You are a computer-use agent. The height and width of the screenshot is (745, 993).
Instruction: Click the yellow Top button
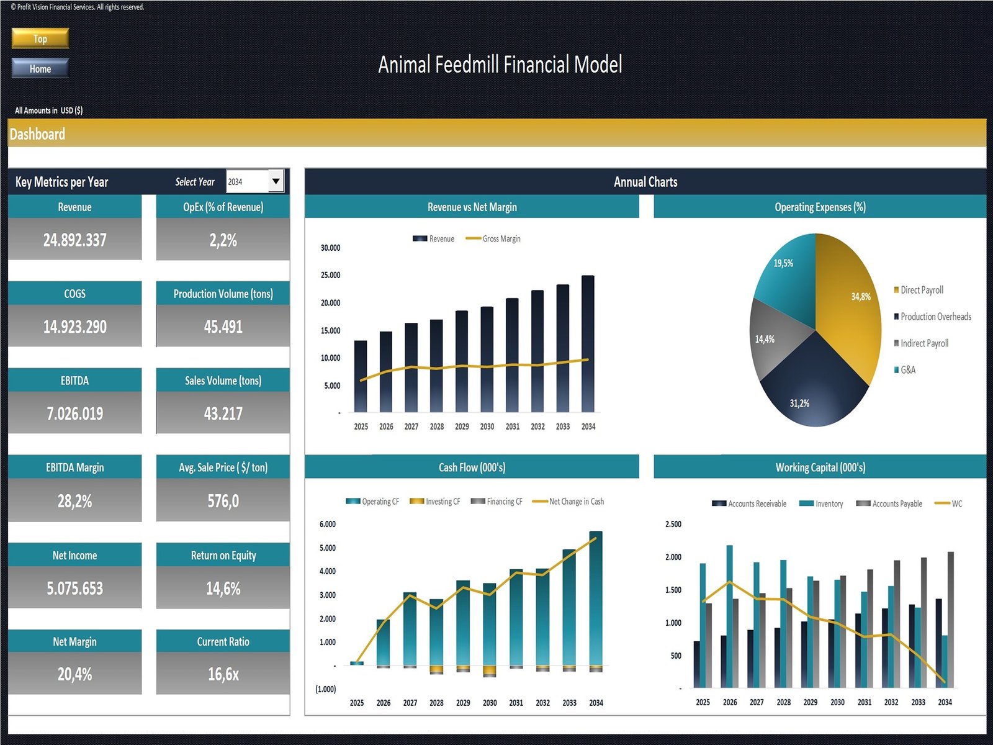pyautogui.click(x=40, y=38)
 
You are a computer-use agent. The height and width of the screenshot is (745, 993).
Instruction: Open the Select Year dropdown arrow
pyautogui.click(x=276, y=181)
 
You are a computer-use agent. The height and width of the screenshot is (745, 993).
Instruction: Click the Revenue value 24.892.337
pyautogui.click(x=74, y=240)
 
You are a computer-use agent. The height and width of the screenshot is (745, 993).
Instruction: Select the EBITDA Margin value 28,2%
pyautogui.click(x=74, y=501)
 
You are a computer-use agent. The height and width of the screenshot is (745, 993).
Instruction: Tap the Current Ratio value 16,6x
pyautogui.click(x=223, y=674)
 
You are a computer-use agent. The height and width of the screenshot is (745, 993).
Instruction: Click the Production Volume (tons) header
pyautogui.click(x=223, y=294)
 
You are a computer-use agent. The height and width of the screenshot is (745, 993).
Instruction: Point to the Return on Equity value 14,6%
pyautogui.click(x=223, y=588)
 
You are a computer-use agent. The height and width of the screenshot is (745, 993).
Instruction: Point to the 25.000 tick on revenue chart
pyautogui.click(x=330, y=275)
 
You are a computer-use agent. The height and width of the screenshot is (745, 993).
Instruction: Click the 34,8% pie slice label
pyautogui.click(x=860, y=297)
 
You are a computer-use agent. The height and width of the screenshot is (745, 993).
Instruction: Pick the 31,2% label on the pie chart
pyautogui.click(x=799, y=404)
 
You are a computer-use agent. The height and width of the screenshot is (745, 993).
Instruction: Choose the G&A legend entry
pyautogui.click(x=907, y=370)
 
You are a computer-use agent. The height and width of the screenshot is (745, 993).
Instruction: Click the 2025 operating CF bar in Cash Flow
pyautogui.click(x=357, y=663)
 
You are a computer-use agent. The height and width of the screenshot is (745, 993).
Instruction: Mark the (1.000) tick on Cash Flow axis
pyautogui.click(x=326, y=689)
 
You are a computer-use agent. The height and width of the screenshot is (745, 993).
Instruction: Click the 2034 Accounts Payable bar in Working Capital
pyautogui.click(x=951, y=619)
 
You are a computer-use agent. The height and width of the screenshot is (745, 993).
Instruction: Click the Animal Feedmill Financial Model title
pyautogui.click(x=500, y=65)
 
